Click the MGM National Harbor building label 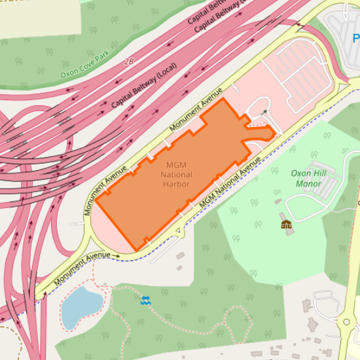pyautogui.click(x=176, y=174)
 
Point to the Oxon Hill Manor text pyautogui.click(x=308, y=178)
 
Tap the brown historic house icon pyautogui.click(x=286, y=225)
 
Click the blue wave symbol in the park pyautogui.click(x=145, y=300)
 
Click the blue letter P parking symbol pyautogui.click(x=355, y=38)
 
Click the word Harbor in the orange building pyautogui.click(x=176, y=184)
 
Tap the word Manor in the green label pyautogui.click(x=308, y=184)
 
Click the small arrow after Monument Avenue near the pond pyautogui.click(x=116, y=256)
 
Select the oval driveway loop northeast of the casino pyautogui.click(x=259, y=107)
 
